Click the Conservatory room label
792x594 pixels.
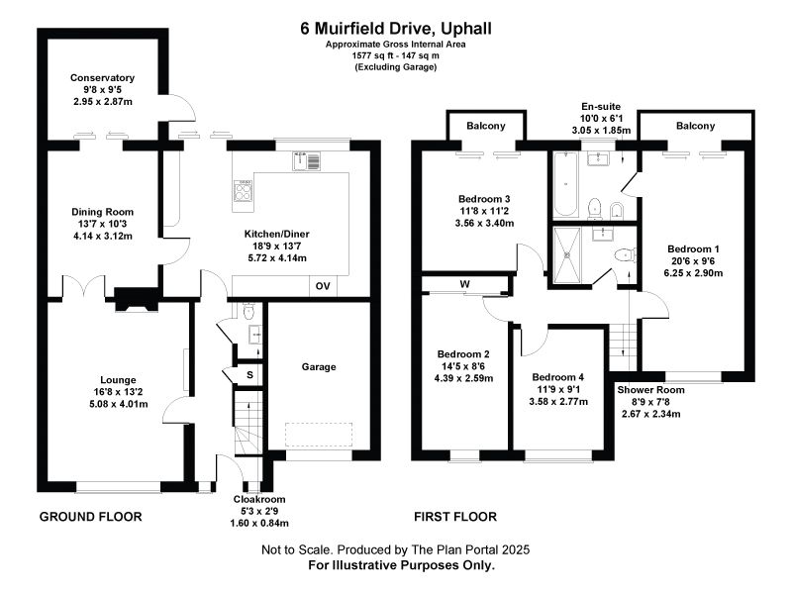point(102,78)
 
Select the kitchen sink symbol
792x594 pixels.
point(306,160)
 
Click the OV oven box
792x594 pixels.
point(323,286)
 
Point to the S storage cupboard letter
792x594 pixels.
point(249,375)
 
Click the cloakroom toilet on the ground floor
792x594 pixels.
point(248,311)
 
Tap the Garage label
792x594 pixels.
point(319,366)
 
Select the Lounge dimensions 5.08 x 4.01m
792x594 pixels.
point(118,404)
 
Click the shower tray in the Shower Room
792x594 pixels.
point(567,255)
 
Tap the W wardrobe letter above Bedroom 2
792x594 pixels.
point(464,284)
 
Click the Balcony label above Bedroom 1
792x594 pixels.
point(696,126)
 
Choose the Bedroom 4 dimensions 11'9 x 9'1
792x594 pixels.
point(558,389)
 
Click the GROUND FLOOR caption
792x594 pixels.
point(90,517)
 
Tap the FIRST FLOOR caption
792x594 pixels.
point(455,517)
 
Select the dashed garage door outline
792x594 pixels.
point(319,435)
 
